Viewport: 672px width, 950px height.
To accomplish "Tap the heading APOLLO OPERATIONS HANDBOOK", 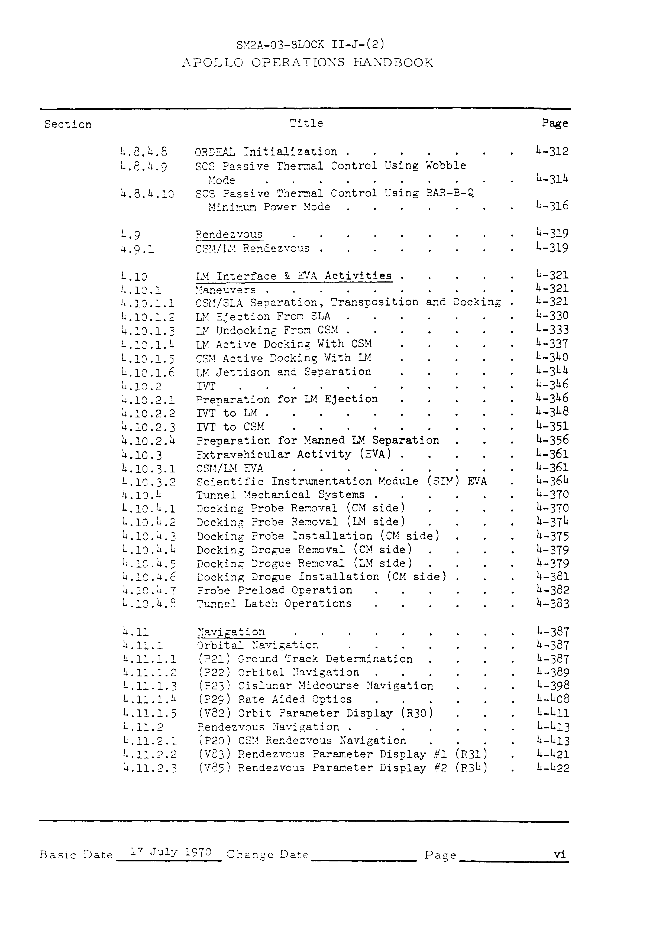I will (308, 63).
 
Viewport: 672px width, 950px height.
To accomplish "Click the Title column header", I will (306, 123).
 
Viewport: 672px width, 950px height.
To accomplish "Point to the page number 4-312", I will (552, 151).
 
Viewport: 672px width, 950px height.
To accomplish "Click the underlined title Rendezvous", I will (229, 235).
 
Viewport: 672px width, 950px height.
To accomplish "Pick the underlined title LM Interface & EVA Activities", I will (294, 276).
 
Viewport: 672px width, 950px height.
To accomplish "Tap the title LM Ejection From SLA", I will (263, 316).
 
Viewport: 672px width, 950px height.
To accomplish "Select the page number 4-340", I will (552, 357).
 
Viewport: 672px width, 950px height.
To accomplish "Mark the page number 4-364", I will (552, 481).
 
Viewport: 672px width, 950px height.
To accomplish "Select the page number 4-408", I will (553, 699).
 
